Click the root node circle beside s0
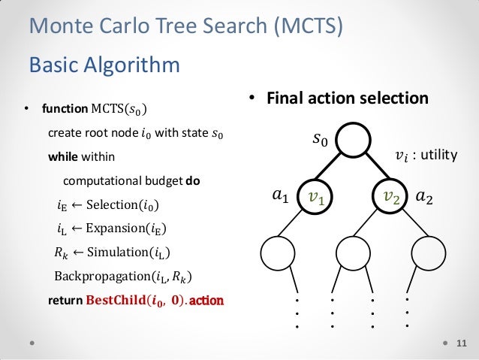[355, 138]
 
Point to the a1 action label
[279, 197]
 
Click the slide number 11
[461, 343]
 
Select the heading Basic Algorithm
[104, 65]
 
